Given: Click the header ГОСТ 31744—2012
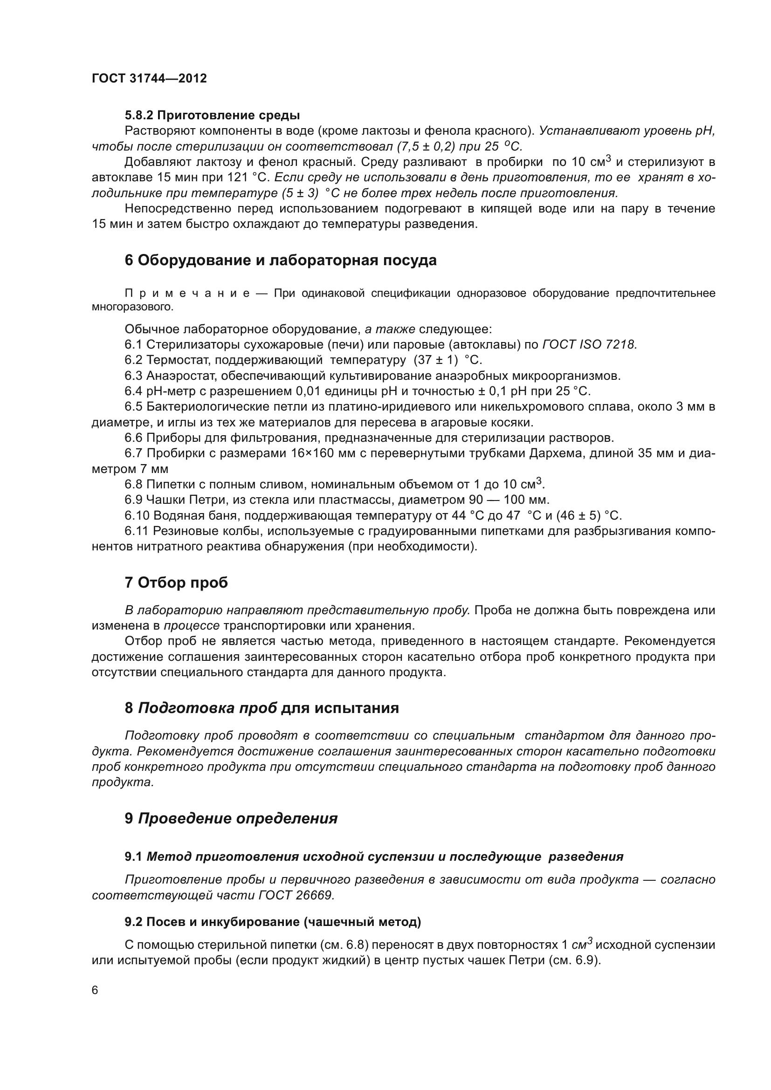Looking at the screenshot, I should [x=149, y=79].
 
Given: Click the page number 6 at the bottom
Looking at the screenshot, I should [x=95, y=990].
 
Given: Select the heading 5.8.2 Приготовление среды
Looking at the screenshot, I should [x=212, y=116].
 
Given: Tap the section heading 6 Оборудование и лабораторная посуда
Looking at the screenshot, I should [x=280, y=261].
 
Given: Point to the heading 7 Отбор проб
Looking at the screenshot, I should [x=176, y=583].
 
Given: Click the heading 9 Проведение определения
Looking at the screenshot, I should [x=231, y=819].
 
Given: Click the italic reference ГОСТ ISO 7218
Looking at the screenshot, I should [x=588, y=345].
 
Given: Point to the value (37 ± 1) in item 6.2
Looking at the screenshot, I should [x=435, y=360].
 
